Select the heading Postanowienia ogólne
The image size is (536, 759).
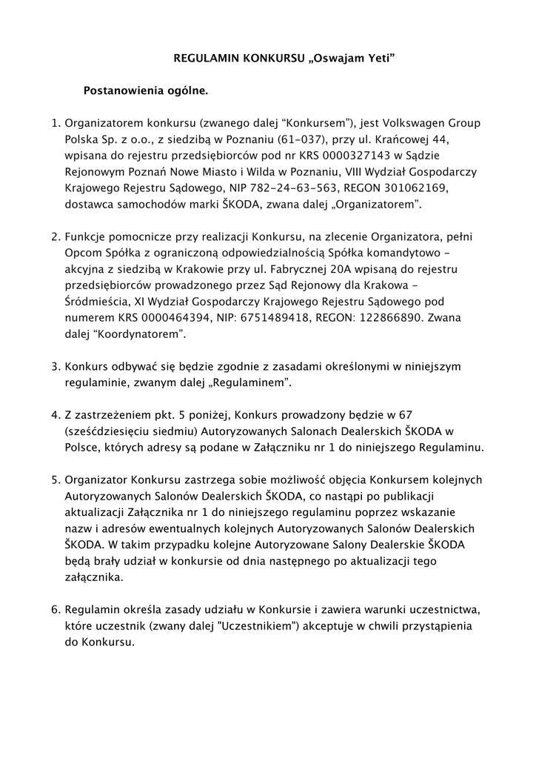(x=146, y=92)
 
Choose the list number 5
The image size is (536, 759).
(x=54, y=480)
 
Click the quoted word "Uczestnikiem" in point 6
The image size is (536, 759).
(x=246, y=626)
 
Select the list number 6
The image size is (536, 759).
(x=54, y=610)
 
